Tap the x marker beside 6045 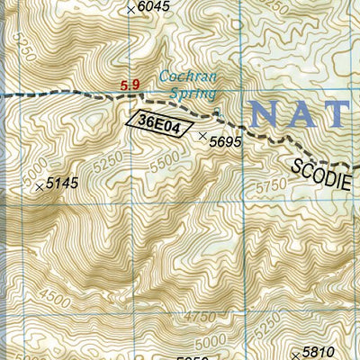131,9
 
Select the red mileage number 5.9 130,85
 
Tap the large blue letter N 268,114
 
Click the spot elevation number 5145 62,184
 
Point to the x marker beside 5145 39,187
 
